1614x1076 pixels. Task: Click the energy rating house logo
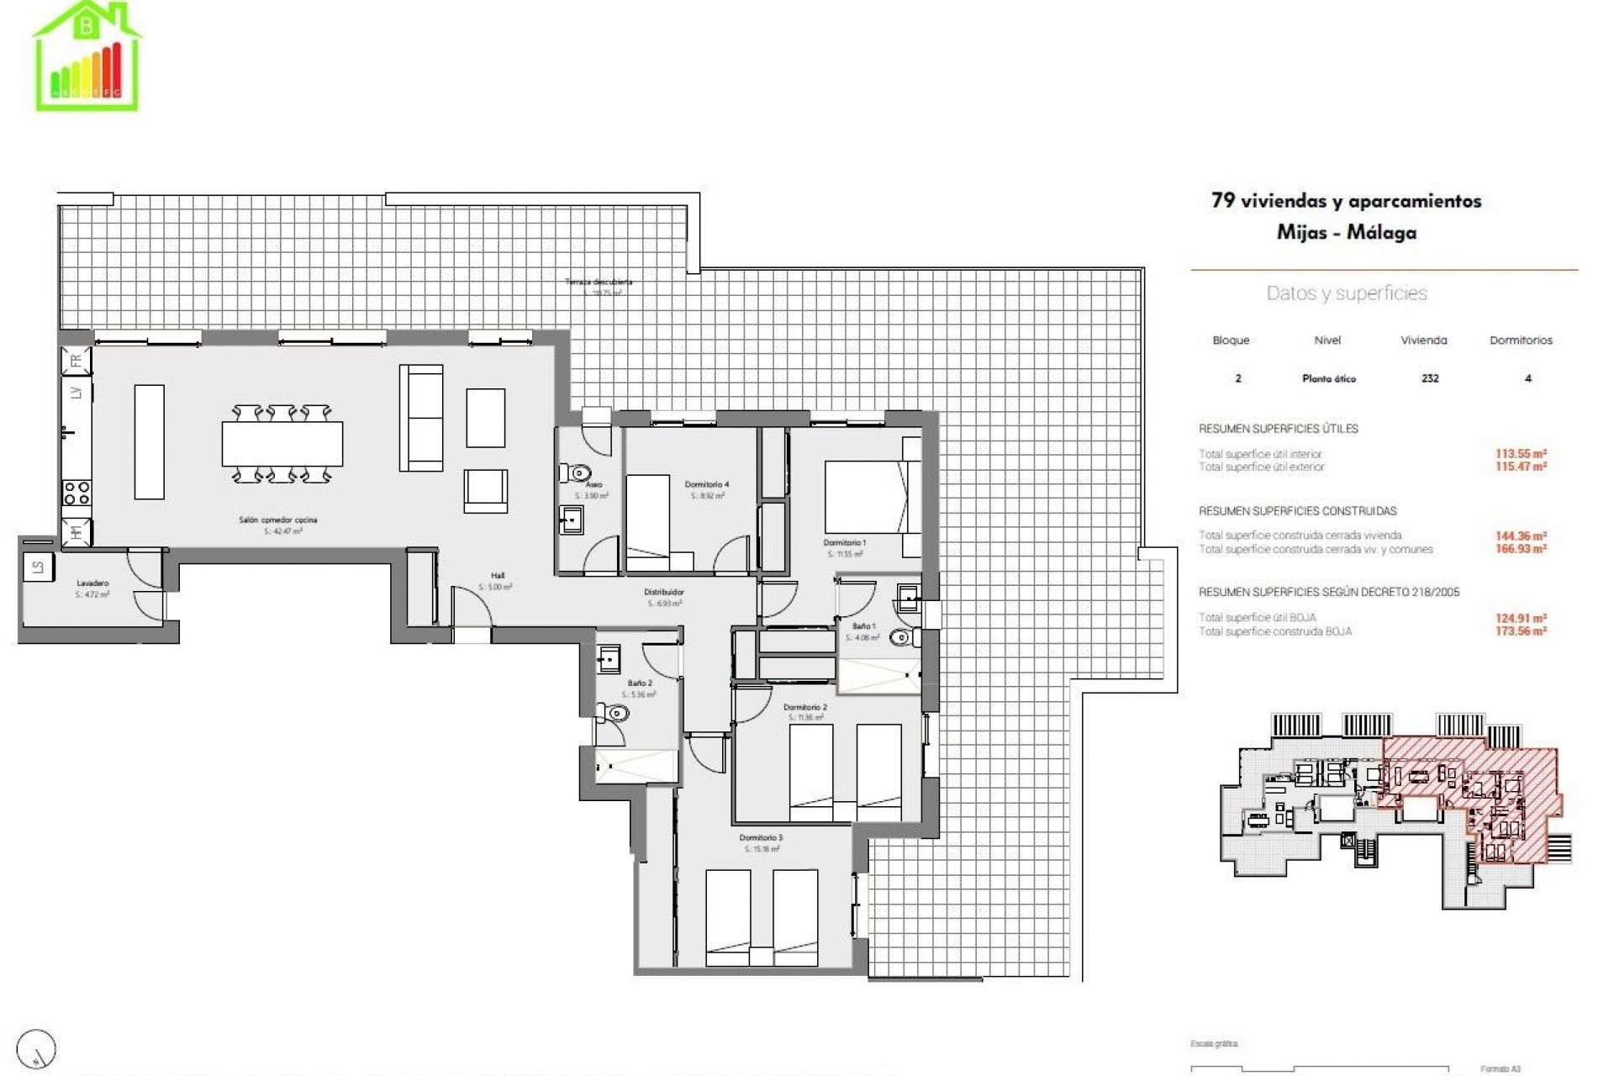[x=87, y=56]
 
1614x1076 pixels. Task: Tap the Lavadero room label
[x=92, y=583]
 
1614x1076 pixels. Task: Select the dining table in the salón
[x=282, y=443]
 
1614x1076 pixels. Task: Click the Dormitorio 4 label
[x=706, y=484]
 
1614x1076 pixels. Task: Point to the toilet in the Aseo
[x=579, y=473]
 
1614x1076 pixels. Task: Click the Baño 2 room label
[x=639, y=683]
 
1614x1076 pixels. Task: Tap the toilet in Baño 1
[x=902, y=638]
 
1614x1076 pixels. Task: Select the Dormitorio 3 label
[x=761, y=838]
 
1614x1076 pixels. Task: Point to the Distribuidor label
[x=664, y=593]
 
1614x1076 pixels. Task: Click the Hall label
[x=498, y=576]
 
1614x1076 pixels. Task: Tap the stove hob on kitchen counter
[x=76, y=492]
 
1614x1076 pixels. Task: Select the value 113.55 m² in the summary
[x=1520, y=454]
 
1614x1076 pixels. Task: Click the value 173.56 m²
[x=1520, y=631]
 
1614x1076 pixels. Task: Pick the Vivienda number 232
[x=1430, y=378]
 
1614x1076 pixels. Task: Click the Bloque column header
[x=1231, y=340]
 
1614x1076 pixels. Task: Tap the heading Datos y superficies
[x=1346, y=293]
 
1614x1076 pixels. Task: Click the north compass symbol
[x=36, y=1049]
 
